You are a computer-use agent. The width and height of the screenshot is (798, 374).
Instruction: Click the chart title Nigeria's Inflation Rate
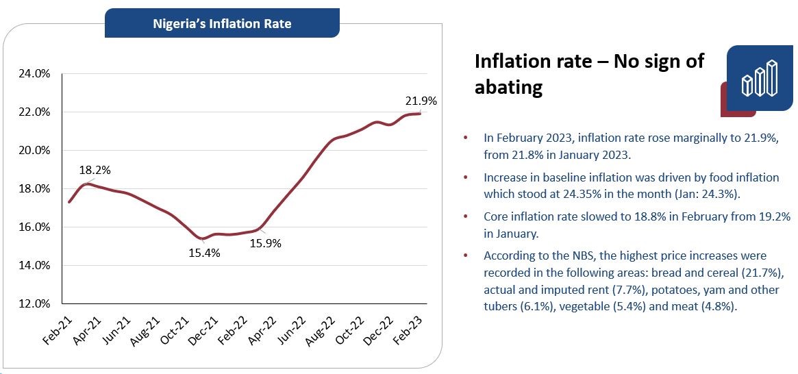[222, 24]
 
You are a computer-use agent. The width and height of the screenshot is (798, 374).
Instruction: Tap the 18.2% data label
[95, 170]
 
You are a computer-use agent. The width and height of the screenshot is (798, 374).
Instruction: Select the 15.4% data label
[204, 253]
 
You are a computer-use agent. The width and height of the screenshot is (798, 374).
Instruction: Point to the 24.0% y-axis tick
[34, 74]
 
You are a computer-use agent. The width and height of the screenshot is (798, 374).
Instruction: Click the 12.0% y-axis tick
[34, 303]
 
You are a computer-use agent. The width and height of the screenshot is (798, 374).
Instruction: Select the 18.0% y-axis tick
[34, 189]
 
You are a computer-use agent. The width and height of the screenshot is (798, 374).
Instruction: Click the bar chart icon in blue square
[760, 78]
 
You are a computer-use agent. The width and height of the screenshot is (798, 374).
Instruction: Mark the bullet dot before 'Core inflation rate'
[466, 216]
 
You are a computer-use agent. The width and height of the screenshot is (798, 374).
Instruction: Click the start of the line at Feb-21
[68, 202]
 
